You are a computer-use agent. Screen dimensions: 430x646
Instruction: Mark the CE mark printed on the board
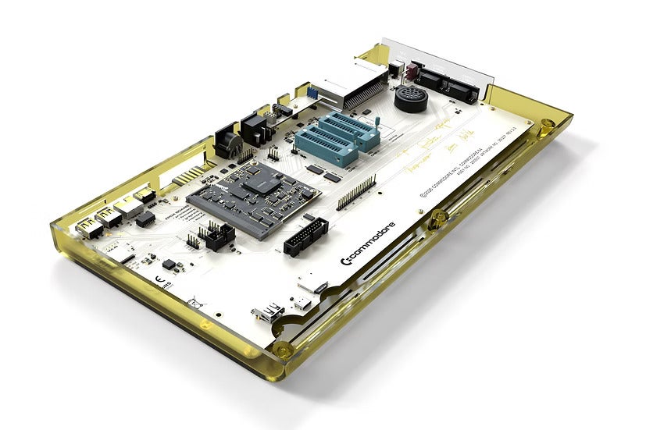point(159,278)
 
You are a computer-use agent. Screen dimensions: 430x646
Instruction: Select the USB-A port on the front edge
point(267,314)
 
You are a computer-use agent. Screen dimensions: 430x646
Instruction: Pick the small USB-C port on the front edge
point(302,301)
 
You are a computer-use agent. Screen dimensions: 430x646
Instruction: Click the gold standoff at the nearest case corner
point(283,350)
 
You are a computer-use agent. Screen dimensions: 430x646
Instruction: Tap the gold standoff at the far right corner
point(547,123)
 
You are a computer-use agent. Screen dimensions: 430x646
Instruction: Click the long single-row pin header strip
point(356,192)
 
